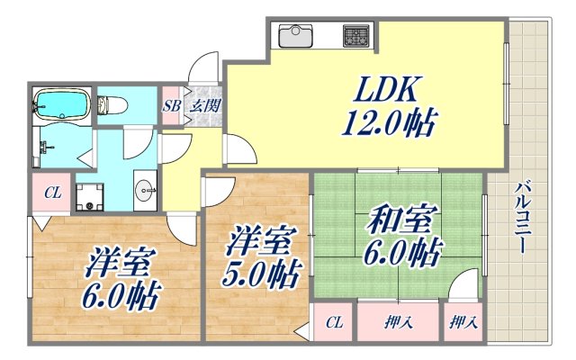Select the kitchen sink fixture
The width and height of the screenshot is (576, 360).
coord(295,36)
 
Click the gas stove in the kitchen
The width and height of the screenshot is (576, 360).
coord(355,37)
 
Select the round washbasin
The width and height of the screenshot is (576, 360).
coord(146,189)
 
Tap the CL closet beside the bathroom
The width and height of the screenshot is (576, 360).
coord(53,192)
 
